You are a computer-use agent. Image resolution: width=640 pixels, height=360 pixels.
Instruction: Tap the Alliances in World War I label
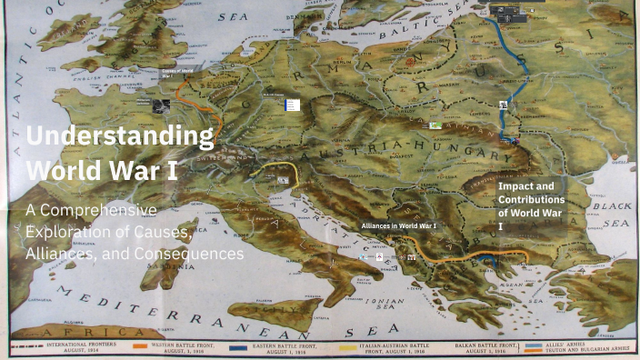click(399, 225)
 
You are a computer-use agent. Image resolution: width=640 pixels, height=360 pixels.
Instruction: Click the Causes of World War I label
click(177, 72)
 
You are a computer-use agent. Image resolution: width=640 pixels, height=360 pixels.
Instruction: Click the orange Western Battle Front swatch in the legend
click(139, 346)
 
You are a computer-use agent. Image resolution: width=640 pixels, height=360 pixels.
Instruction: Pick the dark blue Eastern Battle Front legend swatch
click(239, 346)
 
